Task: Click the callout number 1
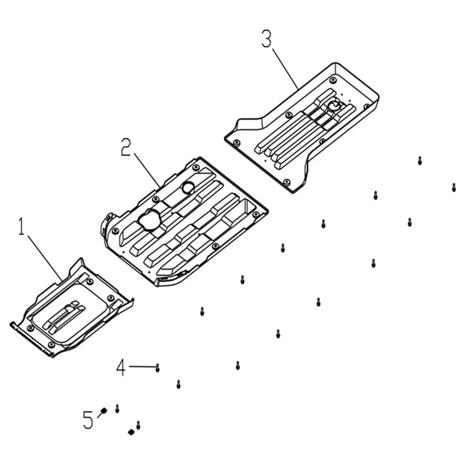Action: (x=21, y=226)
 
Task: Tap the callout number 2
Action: (x=126, y=147)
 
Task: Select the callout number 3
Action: (x=267, y=38)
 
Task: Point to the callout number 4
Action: (x=121, y=367)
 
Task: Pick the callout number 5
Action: (x=88, y=420)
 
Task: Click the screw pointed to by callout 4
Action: (x=158, y=368)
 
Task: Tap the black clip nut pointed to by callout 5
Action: (x=104, y=411)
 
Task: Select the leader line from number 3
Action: (x=285, y=69)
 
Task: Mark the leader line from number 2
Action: (x=147, y=170)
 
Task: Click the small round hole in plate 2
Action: (x=188, y=188)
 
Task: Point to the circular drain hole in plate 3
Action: (x=335, y=105)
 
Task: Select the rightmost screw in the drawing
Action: (x=454, y=187)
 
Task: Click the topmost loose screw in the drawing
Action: (x=420, y=161)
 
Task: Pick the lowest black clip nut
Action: (x=131, y=432)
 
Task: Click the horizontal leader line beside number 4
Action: (x=142, y=367)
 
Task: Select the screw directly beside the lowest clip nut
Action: (x=138, y=425)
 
